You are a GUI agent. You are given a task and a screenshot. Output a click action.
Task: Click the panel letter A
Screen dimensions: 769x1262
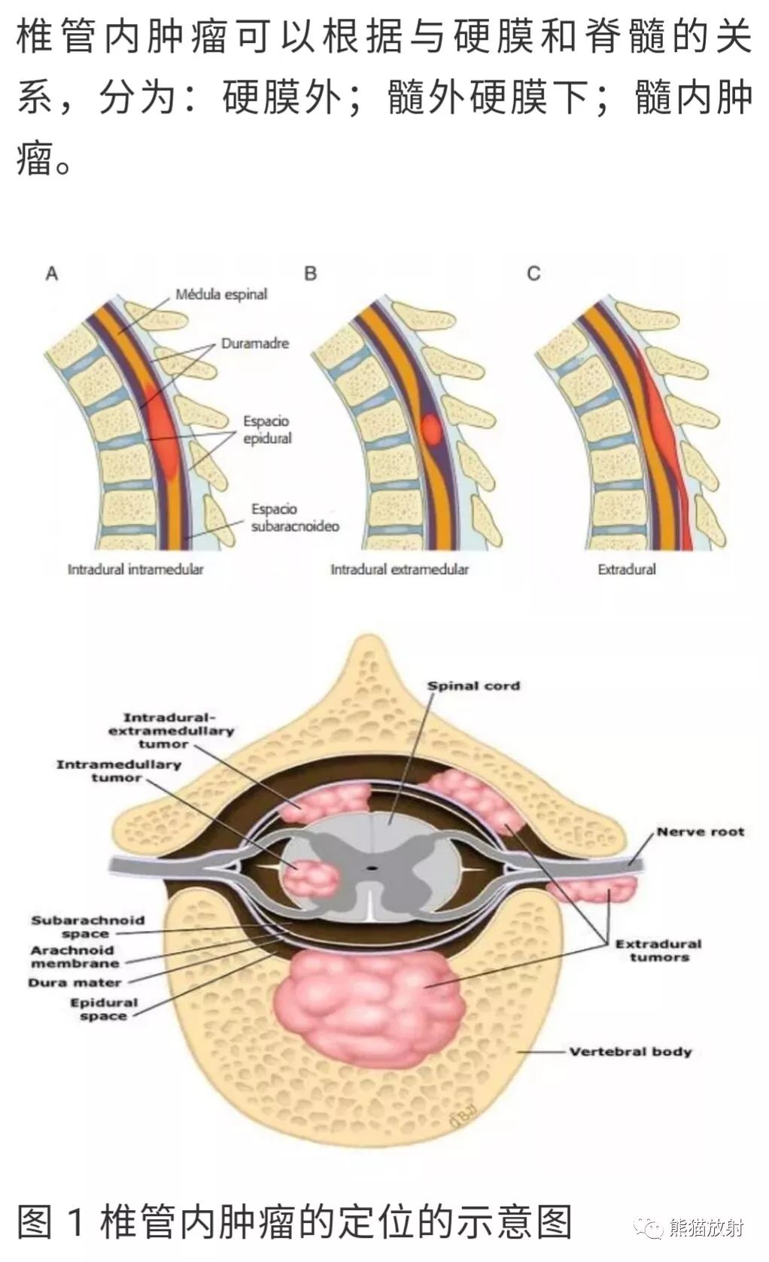[x=52, y=274]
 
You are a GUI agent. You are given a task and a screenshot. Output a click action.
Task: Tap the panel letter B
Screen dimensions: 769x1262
[x=311, y=274]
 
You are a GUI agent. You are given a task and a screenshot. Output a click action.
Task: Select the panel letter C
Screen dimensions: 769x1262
[x=533, y=274]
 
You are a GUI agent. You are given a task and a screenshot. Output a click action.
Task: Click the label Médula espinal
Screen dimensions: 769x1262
[x=221, y=294]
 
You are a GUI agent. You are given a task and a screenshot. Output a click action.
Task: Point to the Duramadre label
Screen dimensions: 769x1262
[x=254, y=343]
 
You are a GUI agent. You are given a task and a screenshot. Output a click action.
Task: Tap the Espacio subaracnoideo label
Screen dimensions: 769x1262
[x=295, y=517]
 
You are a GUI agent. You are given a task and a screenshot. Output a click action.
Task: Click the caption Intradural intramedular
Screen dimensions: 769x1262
[x=135, y=569]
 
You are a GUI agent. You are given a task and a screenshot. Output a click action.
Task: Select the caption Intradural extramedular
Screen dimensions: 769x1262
[x=400, y=569]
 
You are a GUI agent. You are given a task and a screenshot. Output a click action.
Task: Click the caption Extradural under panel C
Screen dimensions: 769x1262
[x=627, y=569]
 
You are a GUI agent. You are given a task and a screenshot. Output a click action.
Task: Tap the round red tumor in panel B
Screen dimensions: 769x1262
[x=432, y=430]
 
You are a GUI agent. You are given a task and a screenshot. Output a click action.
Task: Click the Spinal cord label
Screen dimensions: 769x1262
[x=473, y=686]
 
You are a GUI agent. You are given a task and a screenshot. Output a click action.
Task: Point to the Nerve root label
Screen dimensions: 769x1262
[x=701, y=832]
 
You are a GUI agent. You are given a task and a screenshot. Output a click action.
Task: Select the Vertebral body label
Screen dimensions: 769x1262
[x=631, y=1051]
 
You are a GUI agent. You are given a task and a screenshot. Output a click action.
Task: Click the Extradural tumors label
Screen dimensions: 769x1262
[x=658, y=950]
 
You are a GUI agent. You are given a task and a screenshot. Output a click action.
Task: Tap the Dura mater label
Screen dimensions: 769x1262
[x=75, y=983]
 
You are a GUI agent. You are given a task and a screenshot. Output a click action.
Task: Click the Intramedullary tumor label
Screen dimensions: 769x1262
[x=118, y=771]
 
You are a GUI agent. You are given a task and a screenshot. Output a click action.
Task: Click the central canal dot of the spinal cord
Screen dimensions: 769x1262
[x=371, y=868]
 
